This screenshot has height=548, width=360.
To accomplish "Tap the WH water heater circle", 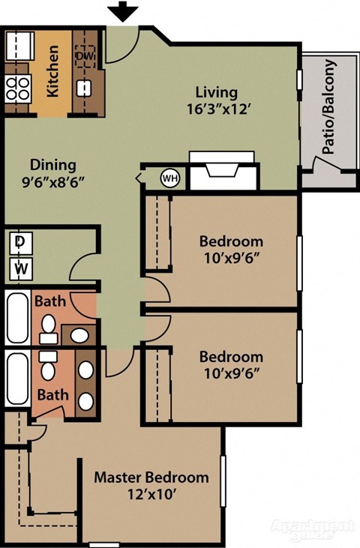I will click(170, 178).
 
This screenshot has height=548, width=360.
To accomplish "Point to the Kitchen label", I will click(53, 72).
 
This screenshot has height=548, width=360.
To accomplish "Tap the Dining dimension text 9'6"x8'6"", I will click(53, 181).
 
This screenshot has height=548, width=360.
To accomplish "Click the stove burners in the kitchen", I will click(16, 88).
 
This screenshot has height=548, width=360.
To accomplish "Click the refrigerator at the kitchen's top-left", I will click(17, 46).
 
